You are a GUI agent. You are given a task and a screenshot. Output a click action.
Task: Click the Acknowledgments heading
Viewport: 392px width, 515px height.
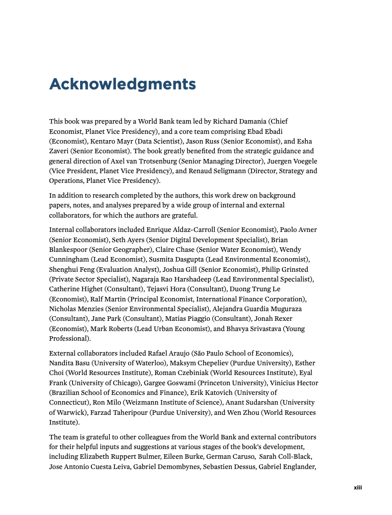(122, 84)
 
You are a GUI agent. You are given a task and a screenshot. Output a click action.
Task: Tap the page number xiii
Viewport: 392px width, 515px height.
(358, 487)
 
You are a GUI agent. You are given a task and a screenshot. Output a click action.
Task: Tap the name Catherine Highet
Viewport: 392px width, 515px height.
(75, 289)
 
